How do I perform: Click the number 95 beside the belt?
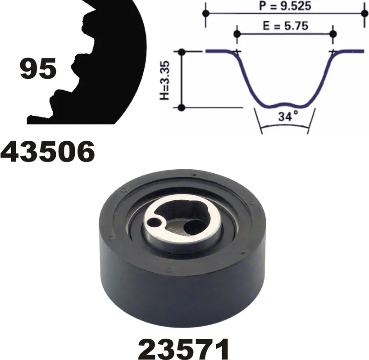(38, 68)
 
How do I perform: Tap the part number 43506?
(48, 152)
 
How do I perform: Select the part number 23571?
(183, 349)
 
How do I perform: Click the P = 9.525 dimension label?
(285, 6)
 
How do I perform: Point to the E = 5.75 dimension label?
(286, 25)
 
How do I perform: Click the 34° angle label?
(288, 116)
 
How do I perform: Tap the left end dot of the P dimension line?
(206, 13)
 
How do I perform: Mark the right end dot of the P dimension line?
(364, 13)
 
